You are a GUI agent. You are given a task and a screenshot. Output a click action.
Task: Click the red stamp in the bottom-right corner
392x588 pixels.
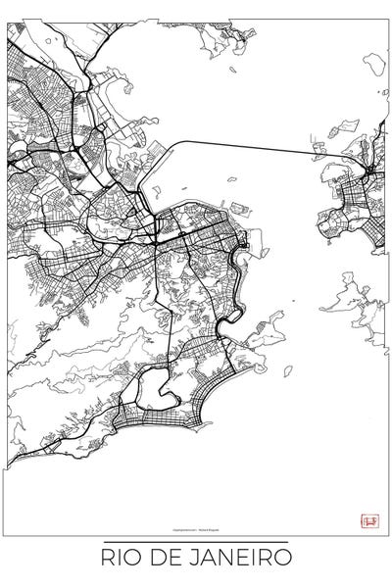point(369,521)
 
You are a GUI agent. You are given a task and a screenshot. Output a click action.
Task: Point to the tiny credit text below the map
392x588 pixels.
point(196,525)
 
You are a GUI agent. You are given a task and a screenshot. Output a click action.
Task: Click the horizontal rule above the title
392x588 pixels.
point(196,542)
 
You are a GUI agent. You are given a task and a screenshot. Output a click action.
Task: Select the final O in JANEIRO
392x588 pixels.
point(282,559)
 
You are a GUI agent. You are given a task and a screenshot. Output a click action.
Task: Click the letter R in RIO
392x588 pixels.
point(108,559)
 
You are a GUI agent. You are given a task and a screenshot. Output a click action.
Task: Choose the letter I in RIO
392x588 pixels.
point(120,559)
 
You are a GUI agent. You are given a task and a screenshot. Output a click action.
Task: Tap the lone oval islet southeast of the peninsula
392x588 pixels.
point(288,370)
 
